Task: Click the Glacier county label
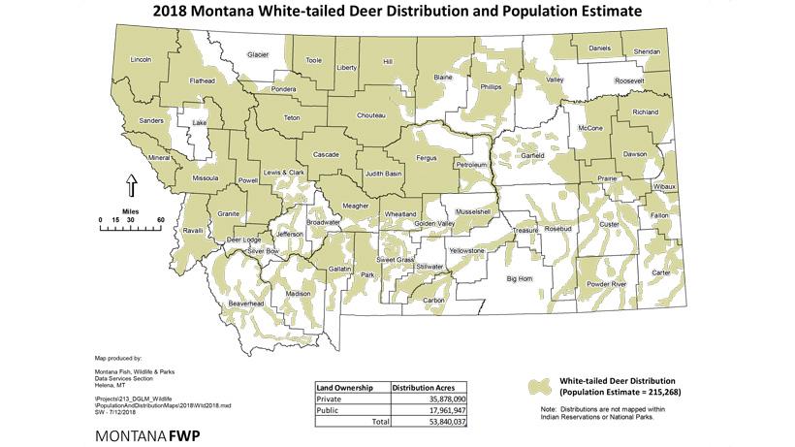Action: click(x=257, y=55)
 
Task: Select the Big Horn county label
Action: click(x=521, y=279)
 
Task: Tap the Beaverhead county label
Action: click(x=245, y=303)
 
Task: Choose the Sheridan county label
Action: click(x=647, y=50)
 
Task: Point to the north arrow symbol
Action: click(x=133, y=185)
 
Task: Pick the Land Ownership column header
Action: click(x=348, y=387)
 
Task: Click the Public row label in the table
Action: click(x=330, y=410)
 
